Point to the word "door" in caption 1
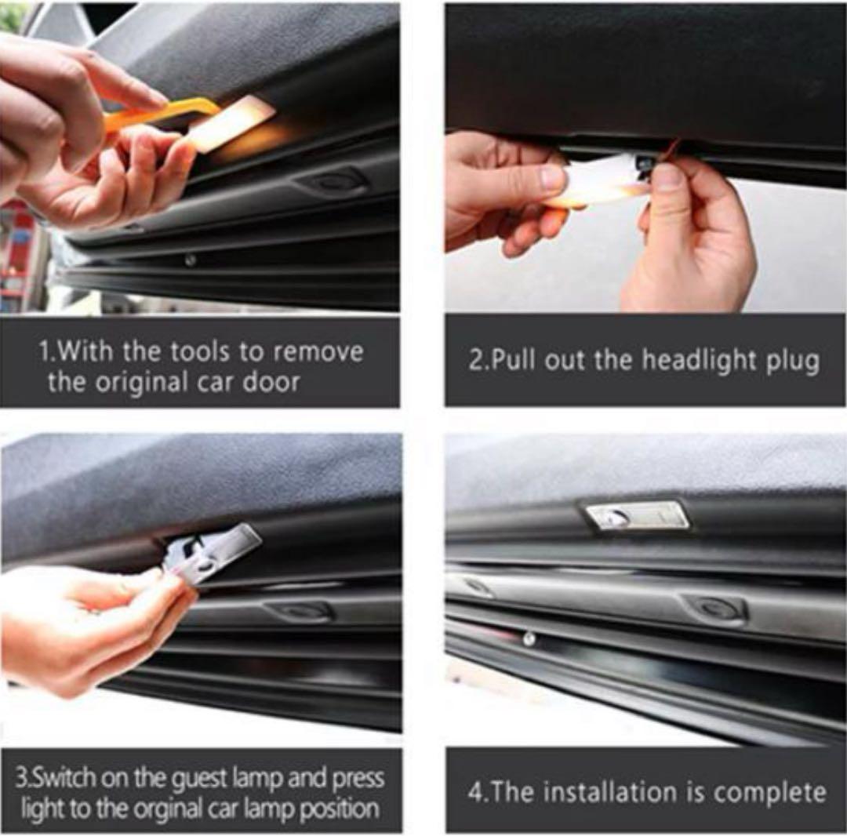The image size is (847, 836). pyautogui.click(x=271, y=382)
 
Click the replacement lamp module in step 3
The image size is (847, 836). pyautogui.click(x=211, y=554)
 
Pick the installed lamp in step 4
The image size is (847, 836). pyautogui.click(x=638, y=515)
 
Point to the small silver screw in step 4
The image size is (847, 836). pyautogui.click(x=529, y=639)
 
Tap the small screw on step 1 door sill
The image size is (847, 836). pyautogui.click(x=190, y=261)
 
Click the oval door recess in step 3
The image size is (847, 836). pyautogui.click(x=300, y=611)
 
